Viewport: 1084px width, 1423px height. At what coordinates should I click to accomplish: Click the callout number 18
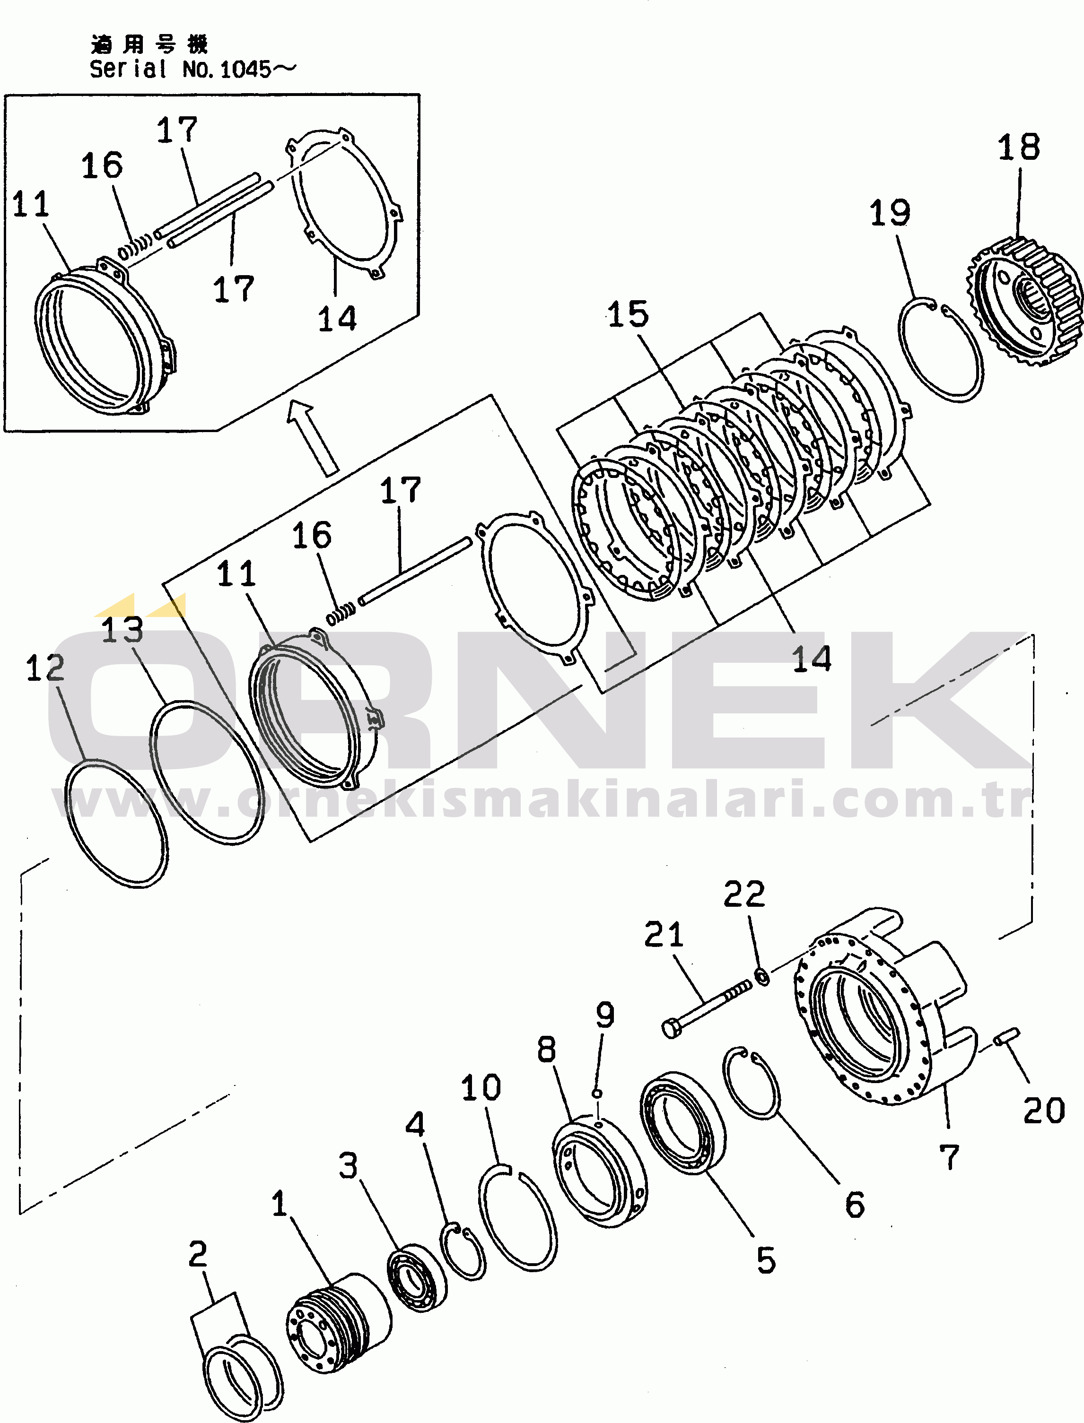(1018, 148)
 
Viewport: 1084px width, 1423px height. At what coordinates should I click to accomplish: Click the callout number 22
(744, 895)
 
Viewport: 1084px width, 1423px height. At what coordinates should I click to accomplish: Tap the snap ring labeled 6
(751, 1083)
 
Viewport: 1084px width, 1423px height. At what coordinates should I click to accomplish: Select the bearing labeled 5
(682, 1122)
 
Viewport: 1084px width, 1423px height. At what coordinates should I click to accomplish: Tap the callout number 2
(198, 1254)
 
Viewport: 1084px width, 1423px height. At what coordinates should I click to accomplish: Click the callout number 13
(122, 630)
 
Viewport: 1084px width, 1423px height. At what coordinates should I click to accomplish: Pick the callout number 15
(628, 314)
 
